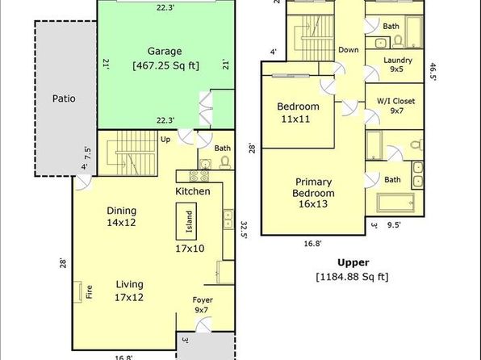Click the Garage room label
pyautogui.click(x=165, y=51)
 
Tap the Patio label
pyautogui.click(x=64, y=98)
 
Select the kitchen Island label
pyautogui.click(x=190, y=221)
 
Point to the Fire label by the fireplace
pyautogui.click(x=89, y=292)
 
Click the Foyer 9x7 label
pyautogui.click(x=203, y=305)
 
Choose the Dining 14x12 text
pyautogui.click(x=122, y=216)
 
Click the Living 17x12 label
pyautogui.click(x=129, y=291)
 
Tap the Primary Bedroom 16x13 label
pyautogui.click(x=313, y=193)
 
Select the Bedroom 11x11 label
pyautogui.click(x=298, y=113)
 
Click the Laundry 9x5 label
pyautogui.click(x=398, y=65)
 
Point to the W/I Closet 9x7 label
pyautogui.click(x=395, y=106)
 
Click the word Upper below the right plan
pyautogui.click(x=353, y=262)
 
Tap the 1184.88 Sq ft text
pyautogui.click(x=353, y=277)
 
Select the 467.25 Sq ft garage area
pyautogui.click(x=166, y=65)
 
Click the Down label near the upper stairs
pyautogui.click(x=348, y=50)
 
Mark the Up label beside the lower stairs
pyautogui.click(x=165, y=140)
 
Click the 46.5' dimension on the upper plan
pyautogui.click(x=433, y=72)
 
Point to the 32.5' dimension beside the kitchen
pyautogui.click(x=244, y=229)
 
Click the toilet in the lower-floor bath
pyautogui.click(x=225, y=162)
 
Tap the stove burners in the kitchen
pyautogui.click(x=199, y=176)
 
